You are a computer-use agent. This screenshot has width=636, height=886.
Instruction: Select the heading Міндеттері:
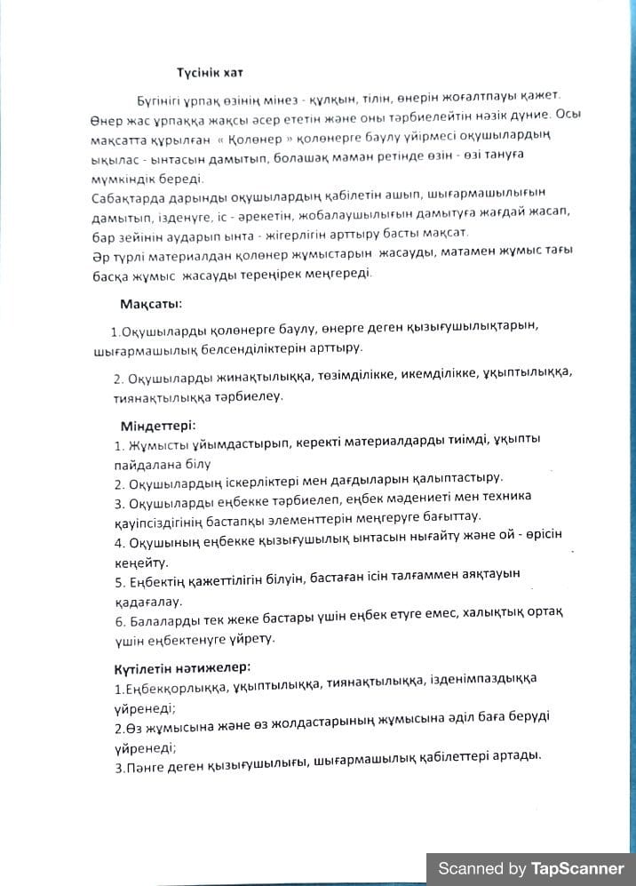click(x=158, y=425)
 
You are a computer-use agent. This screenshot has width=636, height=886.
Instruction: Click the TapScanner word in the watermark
click(x=577, y=868)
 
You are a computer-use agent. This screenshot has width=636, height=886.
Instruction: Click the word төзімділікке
click(x=359, y=373)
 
